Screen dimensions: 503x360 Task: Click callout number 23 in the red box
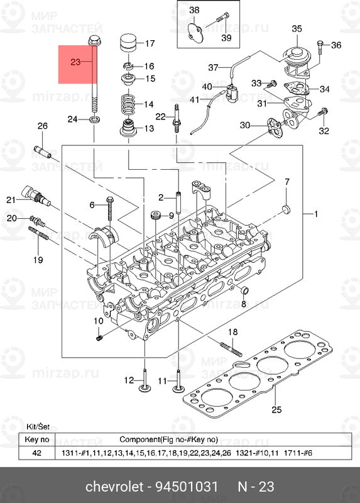coord(75,62)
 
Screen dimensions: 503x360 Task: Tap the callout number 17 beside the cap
coord(150,44)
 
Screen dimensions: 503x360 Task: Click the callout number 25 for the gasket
coord(275,411)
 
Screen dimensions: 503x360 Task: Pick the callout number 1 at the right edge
coord(316,214)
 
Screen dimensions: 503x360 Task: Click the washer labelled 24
coord(94,119)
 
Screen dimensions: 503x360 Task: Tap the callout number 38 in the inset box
coord(194,11)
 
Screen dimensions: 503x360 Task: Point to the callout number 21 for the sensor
coord(10,200)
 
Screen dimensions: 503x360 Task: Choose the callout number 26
coord(42,127)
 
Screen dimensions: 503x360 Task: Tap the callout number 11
coord(162,381)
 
